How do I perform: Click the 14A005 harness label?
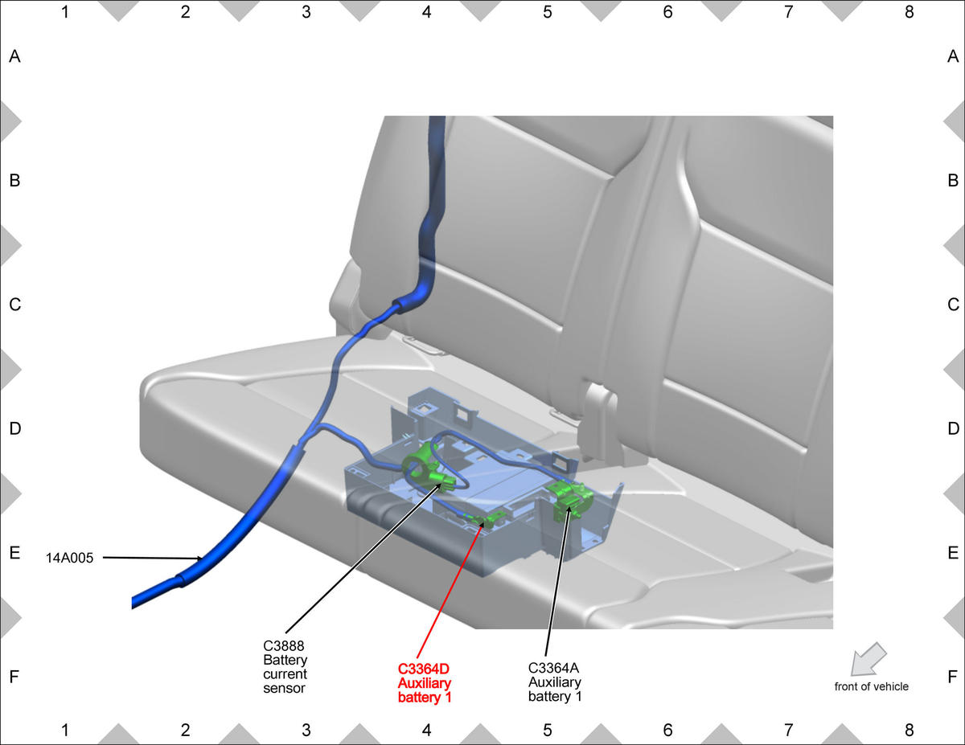pyautogui.click(x=70, y=558)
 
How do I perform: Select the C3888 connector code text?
pyautogui.click(x=283, y=645)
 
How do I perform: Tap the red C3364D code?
pyautogui.click(x=424, y=669)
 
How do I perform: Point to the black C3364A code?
pyautogui.click(x=553, y=668)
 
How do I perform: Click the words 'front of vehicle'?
pyautogui.click(x=871, y=686)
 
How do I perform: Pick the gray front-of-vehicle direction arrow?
pyautogui.click(x=868, y=659)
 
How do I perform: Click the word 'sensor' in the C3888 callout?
pyautogui.click(x=284, y=688)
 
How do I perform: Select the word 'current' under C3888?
pyautogui.click(x=285, y=674)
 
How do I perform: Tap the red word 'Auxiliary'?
pyautogui.click(x=424, y=683)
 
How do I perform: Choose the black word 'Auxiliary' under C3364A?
pyautogui.click(x=554, y=682)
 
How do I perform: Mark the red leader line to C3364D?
pyautogui.click(x=450, y=590)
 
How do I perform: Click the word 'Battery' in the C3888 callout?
pyautogui.click(x=285, y=660)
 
